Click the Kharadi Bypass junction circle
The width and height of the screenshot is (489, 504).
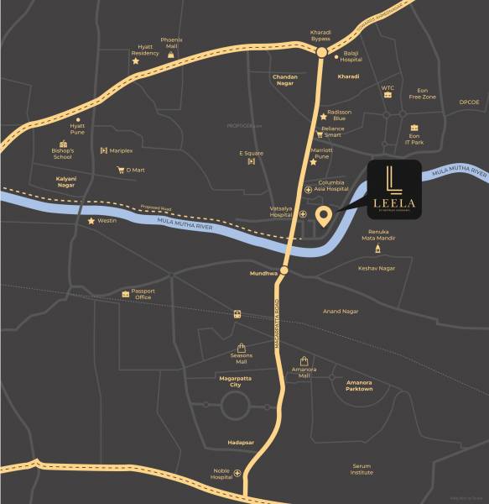point(321,52)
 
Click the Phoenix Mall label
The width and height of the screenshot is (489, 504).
point(171,42)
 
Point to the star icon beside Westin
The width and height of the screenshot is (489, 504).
point(91,221)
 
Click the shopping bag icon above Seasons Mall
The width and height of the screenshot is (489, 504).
point(242,347)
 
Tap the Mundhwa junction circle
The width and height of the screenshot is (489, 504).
point(284,270)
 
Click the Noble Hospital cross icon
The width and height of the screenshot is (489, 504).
point(237,474)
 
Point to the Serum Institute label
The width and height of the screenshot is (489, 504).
point(362,469)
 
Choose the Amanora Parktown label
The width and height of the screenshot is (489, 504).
point(359,386)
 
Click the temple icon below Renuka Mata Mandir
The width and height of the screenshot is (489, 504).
point(377,249)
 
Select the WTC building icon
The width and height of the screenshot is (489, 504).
point(388,96)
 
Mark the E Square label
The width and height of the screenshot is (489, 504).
point(251,154)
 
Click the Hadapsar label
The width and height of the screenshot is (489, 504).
point(240,442)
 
